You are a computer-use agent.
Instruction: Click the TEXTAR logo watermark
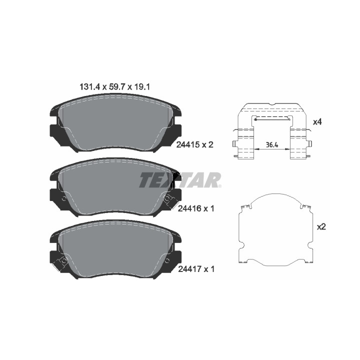[180, 180]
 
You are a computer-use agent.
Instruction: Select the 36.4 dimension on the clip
[272, 145]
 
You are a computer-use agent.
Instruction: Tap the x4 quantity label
[317, 122]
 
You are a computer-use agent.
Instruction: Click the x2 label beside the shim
[321, 227]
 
